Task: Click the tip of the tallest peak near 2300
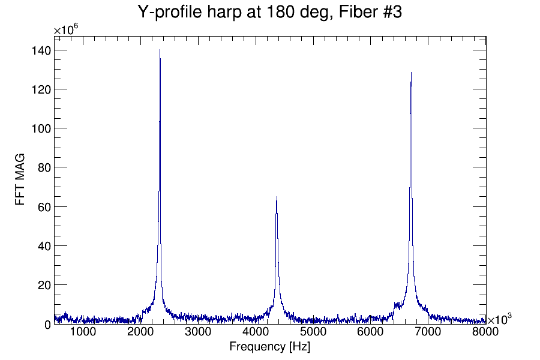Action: [x=160, y=50]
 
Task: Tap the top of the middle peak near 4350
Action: [x=277, y=197]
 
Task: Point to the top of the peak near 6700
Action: [x=411, y=73]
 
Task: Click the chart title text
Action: [x=269, y=12]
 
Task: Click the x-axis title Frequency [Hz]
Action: [x=269, y=347]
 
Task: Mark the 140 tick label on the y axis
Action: [x=41, y=50]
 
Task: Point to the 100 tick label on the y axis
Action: [x=41, y=128]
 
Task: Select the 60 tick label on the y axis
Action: [x=44, y=207]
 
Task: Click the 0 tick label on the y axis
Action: [x=47, y=325]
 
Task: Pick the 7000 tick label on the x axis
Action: [x=428, y=332]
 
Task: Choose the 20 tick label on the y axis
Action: [x=44, y=285]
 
